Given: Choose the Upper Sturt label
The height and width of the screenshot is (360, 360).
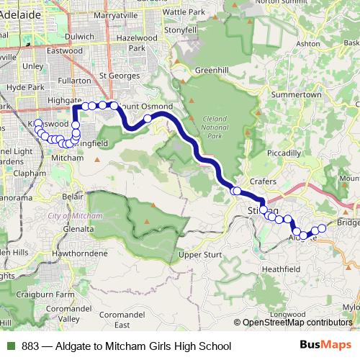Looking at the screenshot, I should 199,255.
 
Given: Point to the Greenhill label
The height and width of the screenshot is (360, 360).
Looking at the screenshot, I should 211,71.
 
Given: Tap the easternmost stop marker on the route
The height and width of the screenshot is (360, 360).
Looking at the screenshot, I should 323,228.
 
